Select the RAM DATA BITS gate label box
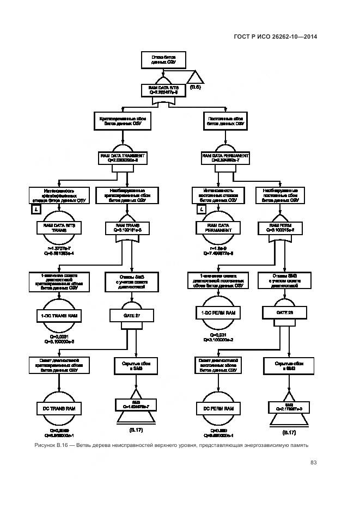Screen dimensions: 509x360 (x=164, y=90)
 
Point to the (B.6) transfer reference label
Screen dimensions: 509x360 (x=196, y=87)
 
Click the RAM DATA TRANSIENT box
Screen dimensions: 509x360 (x=127, y=158)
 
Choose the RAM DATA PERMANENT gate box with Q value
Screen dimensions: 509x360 (x=225, y=158)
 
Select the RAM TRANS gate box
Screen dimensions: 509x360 (x=128, y=228)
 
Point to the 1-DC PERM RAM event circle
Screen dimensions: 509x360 (x=217, y=313)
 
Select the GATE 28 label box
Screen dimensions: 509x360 (x=284, y=314)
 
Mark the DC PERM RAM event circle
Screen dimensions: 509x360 (x=217, y=408)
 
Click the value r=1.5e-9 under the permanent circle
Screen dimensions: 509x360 (x=217, y=248)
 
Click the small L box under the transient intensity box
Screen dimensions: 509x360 (x=36, y=209)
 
